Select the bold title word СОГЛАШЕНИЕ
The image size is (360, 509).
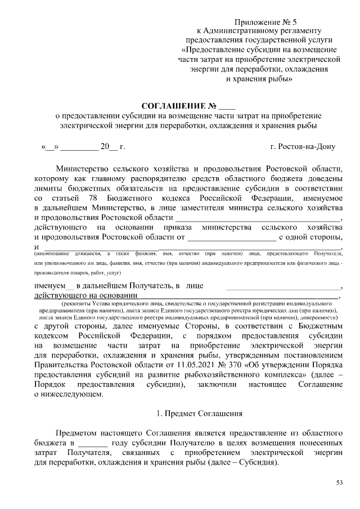coord(173,106)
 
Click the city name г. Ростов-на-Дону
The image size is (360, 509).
coord(303,147)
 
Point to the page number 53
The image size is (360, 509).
coord(339,483)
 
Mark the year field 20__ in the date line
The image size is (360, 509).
coord(109,147)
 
